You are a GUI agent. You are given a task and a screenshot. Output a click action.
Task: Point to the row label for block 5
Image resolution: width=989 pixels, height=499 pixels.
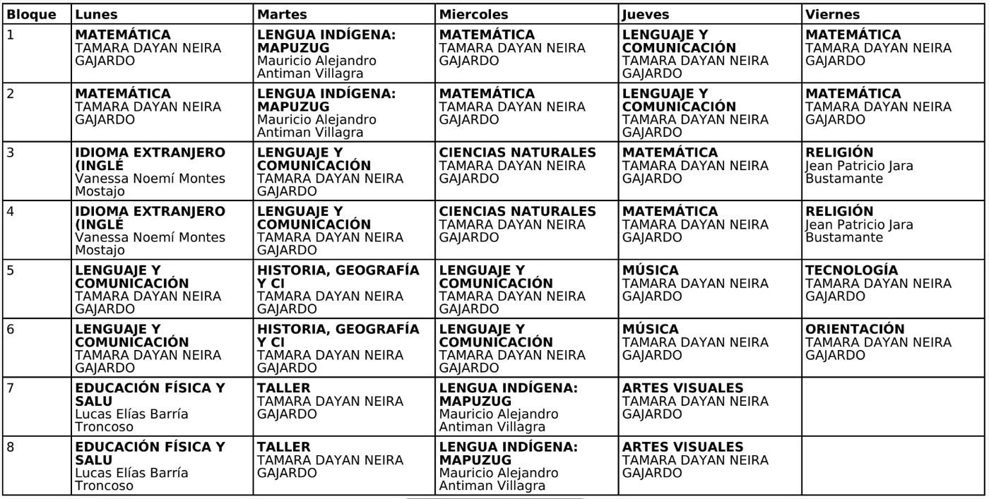37,290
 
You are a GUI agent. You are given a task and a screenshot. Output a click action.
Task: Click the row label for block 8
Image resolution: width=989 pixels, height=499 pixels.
37,466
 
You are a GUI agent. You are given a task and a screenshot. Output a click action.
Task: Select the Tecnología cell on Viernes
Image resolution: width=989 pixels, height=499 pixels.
893,289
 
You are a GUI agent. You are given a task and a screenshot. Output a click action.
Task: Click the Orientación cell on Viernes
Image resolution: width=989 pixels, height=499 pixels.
893,348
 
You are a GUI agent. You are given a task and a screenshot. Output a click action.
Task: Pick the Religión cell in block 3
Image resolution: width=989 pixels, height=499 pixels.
893,172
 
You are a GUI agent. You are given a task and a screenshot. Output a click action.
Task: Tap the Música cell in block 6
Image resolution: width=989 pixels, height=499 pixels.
709,348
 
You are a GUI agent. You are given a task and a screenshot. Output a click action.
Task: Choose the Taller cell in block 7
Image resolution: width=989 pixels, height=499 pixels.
345,407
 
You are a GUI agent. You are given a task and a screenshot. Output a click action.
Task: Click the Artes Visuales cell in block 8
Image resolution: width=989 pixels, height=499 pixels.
709,466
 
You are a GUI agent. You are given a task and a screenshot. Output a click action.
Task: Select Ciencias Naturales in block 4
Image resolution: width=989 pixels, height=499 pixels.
526,231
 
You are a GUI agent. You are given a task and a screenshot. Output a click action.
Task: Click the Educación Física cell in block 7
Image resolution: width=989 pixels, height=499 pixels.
162,407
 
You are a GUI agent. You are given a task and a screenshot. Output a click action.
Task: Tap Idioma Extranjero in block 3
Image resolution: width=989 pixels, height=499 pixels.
162,172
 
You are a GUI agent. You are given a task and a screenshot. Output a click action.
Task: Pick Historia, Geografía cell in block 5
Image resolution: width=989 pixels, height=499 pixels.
345,289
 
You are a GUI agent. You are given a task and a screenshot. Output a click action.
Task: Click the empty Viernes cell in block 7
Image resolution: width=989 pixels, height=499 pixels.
893,407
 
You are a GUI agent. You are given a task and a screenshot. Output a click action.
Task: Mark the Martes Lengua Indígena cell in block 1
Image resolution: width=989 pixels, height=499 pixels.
345,55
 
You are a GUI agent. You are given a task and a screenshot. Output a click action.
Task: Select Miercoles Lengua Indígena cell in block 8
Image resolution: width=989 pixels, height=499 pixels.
526,466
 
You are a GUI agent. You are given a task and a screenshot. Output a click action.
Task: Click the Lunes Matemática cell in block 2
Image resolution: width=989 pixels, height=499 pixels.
162,114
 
